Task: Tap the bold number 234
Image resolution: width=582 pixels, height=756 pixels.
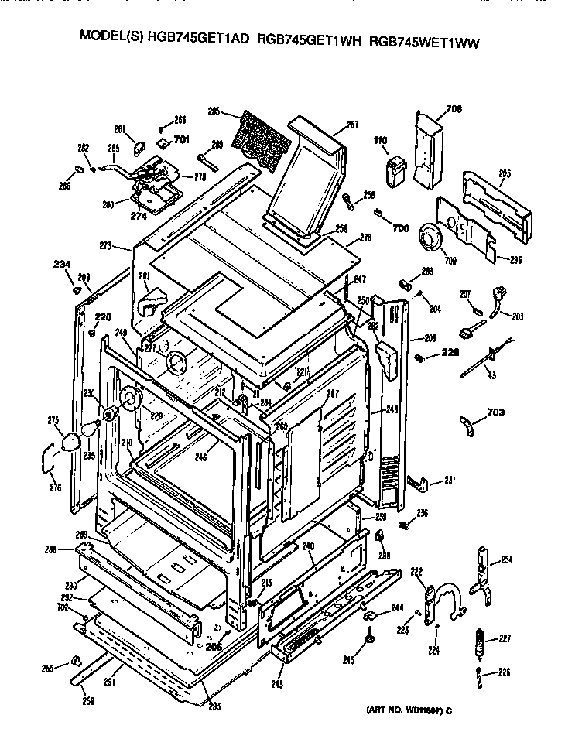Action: point(63,265)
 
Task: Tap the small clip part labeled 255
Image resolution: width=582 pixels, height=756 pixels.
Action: point(75,659)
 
